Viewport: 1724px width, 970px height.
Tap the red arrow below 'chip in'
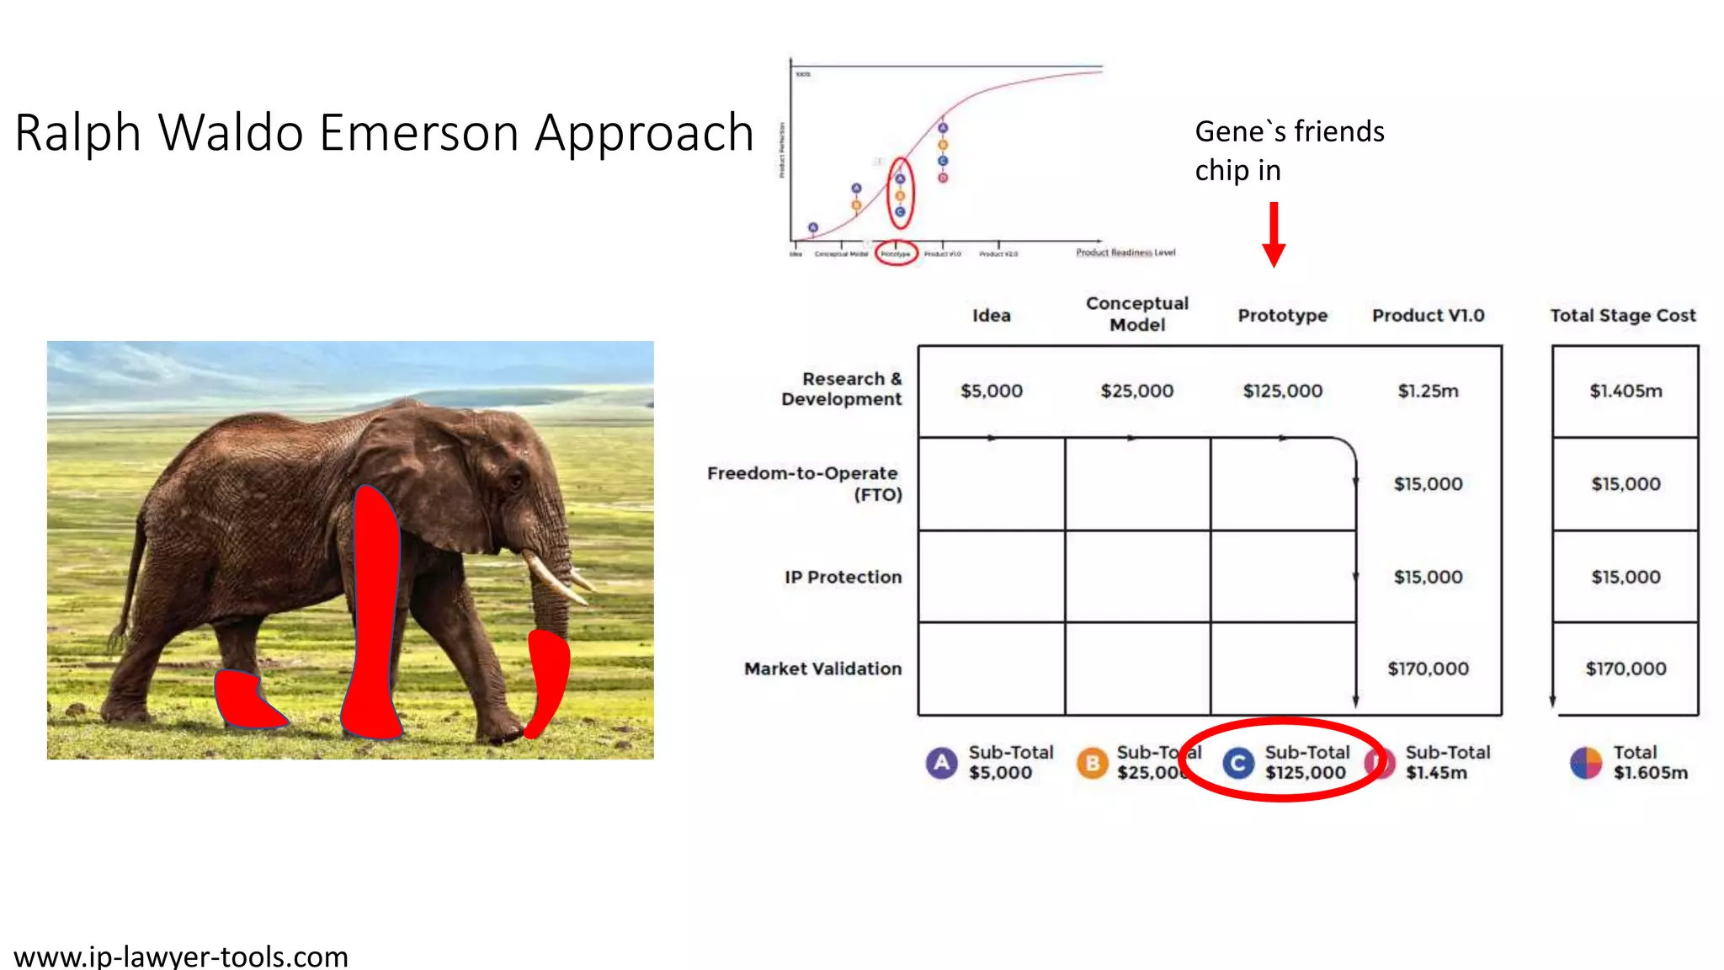[1274, 235]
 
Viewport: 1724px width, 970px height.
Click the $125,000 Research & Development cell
[1282, 391]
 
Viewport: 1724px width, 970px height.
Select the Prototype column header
[1282, 316]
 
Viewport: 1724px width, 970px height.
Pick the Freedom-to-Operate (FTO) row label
[804, 483]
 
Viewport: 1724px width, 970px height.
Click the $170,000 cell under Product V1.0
[1428, 669]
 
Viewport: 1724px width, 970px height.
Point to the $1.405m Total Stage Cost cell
[1625, 391]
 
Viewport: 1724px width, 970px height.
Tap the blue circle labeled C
[1237, 763]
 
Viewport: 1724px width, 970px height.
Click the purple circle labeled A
[941, 763]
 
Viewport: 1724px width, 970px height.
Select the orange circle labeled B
[1092, 763]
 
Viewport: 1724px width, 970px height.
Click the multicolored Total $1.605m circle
[1586, 763]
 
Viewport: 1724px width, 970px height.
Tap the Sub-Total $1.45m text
[1446, 762]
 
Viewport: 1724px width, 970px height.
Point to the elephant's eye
[514, 480]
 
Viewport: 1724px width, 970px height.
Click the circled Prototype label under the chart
[895, 253]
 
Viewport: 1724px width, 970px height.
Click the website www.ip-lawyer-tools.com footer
[181, 957]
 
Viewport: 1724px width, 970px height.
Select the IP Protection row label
[842, 577]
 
